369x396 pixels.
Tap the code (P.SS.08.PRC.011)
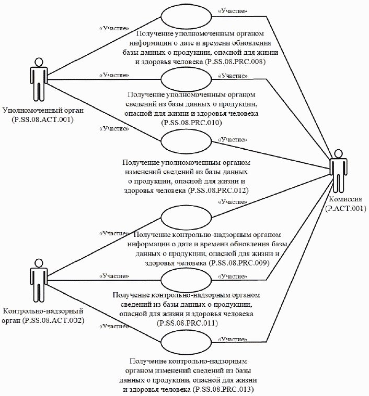[187, 323]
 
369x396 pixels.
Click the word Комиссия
[343, 199]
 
